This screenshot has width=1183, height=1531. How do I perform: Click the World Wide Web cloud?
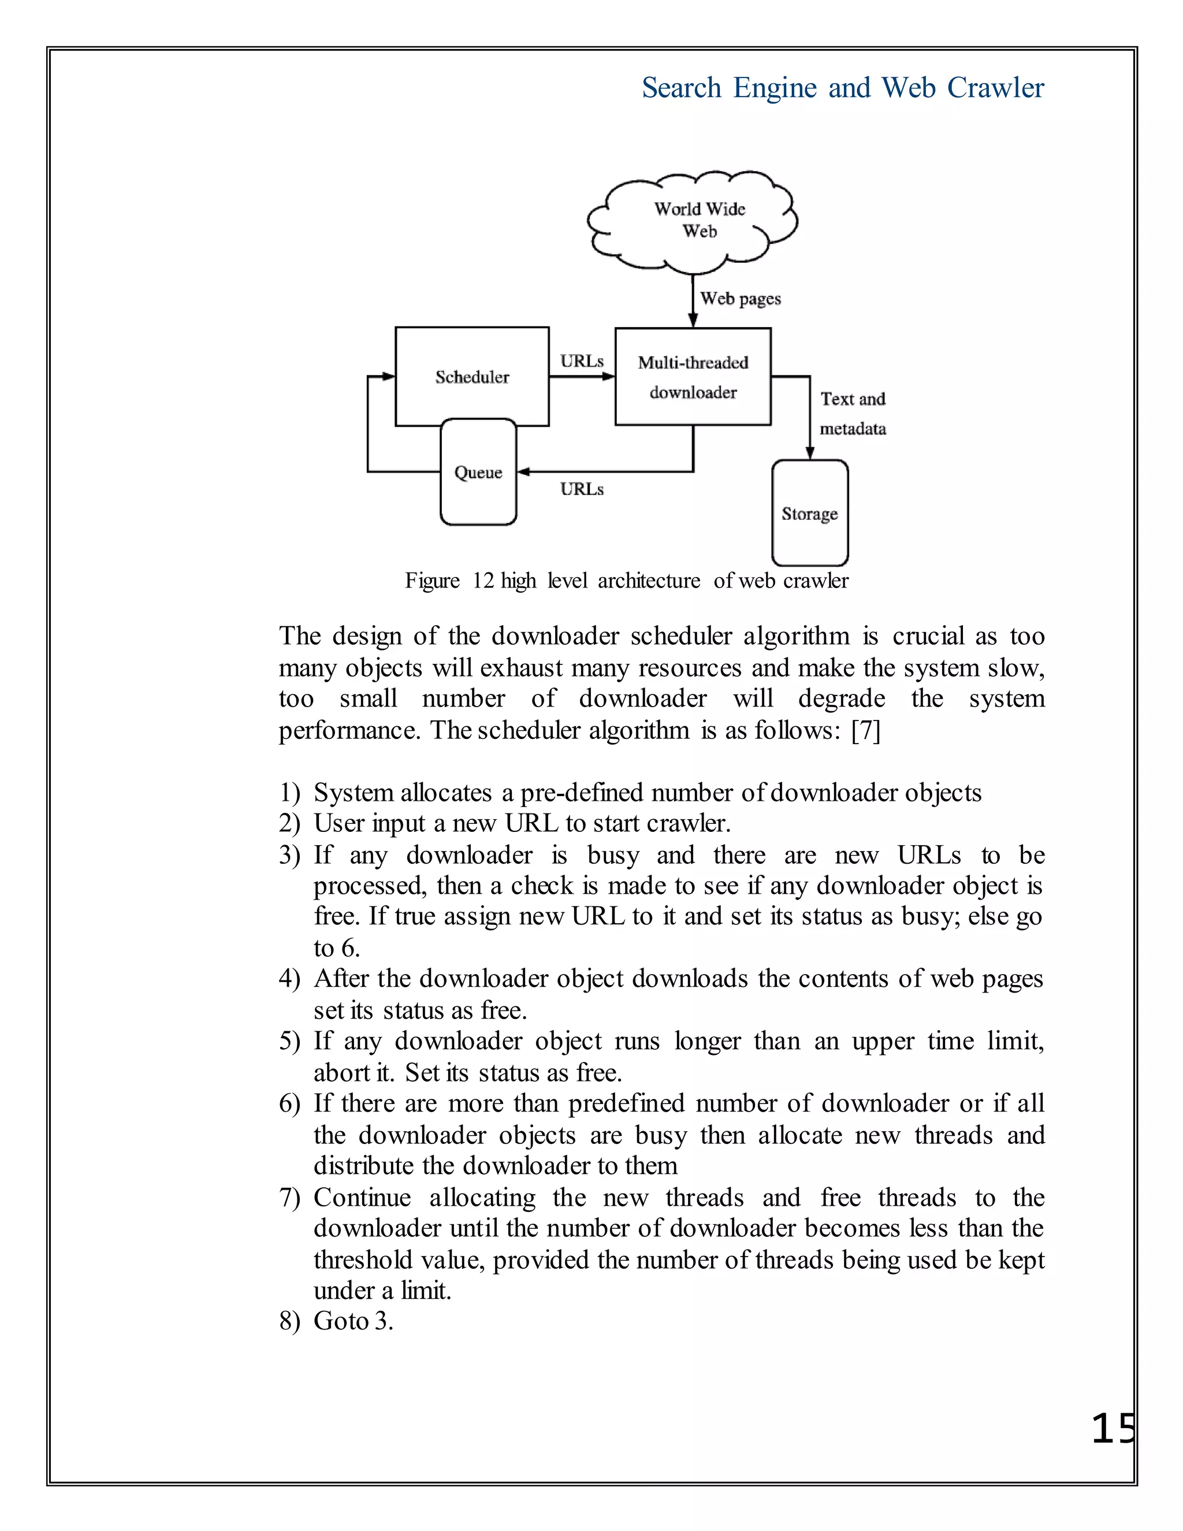click(x=693, y=221)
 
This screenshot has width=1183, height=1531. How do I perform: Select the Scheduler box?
click(x=472, y=377)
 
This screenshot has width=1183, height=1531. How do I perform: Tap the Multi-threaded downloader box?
click(x=693, y=377)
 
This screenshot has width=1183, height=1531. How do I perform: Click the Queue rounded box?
click(x=478, y=473)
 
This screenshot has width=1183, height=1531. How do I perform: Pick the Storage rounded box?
click(x=809, y=514)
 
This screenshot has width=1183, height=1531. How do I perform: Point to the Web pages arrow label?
click(x=740, y=299)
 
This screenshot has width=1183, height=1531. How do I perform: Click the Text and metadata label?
click(x=853, y=414)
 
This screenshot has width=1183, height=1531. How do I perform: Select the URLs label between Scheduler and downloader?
click(x=582, y=361)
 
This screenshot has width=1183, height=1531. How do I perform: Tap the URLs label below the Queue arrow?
click(x=582, y=489)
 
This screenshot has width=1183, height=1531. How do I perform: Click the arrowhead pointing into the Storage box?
click(x=809, y=453)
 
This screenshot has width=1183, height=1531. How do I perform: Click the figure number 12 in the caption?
click(x=483, y=581)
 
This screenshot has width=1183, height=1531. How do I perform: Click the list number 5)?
click(x=289, y=1041)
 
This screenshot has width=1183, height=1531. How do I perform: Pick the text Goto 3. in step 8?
click(x=353, y=1321)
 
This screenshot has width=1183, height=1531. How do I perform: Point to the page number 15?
click(x=1113, y=1429)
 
